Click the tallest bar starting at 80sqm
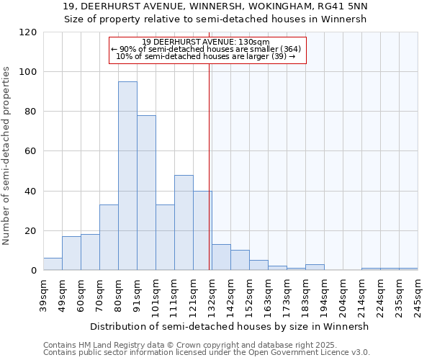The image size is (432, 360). tap(127, 176)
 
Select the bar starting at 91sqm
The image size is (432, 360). tap(146, 193)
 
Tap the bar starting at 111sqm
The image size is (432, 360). tap(184, 222)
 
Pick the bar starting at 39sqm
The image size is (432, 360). tap(53, 264)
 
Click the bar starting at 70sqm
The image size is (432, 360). tap(109, 238)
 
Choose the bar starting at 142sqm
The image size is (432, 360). tap(240, 260)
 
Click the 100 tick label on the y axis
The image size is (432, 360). tap(28, 72)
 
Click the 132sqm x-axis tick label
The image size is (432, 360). tap(212, 293)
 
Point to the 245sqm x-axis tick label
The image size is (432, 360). tap(418, 293)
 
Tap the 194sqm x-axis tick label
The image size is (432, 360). tap(324, 293)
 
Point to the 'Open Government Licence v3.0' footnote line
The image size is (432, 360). tap(207, 353)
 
